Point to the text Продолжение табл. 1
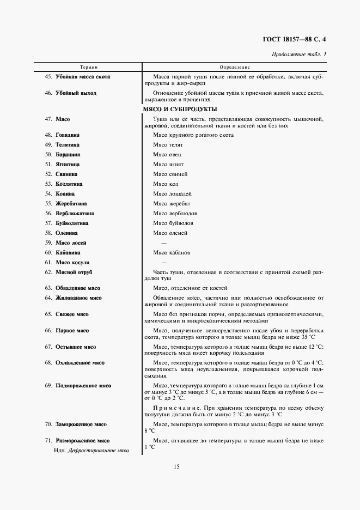coord(299,54)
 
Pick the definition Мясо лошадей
coord(172,194)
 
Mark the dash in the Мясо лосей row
coord(164,243)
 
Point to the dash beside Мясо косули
coord(164,263)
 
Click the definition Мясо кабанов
coord(172,253)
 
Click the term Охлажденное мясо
coord(80,363)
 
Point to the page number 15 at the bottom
coord(176,466)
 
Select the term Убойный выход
coord(76,93)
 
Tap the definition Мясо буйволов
coord(173,223)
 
